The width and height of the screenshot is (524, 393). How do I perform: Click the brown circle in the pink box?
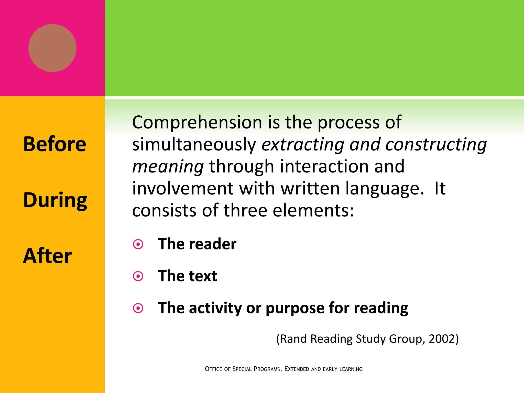click(x=52, y=48)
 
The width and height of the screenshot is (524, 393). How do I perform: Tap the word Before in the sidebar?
click(x=54, y=144)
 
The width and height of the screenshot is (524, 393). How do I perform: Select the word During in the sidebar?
click(x=55, y=200)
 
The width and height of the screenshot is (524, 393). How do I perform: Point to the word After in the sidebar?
click(x=47, y=256)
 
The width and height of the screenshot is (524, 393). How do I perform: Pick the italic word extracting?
click(x=303, y=145)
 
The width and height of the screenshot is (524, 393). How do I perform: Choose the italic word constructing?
click(x=436, y=145)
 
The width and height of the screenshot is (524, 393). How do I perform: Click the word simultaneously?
click(x=194, y=144)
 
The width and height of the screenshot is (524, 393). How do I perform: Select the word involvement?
click(x=183, y=189)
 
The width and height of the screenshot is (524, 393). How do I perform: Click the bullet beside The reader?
click(x=138, y=244)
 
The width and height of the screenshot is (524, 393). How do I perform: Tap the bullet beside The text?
click(x=138, y=276)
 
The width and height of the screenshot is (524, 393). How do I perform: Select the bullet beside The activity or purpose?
click(x=138, y=308)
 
